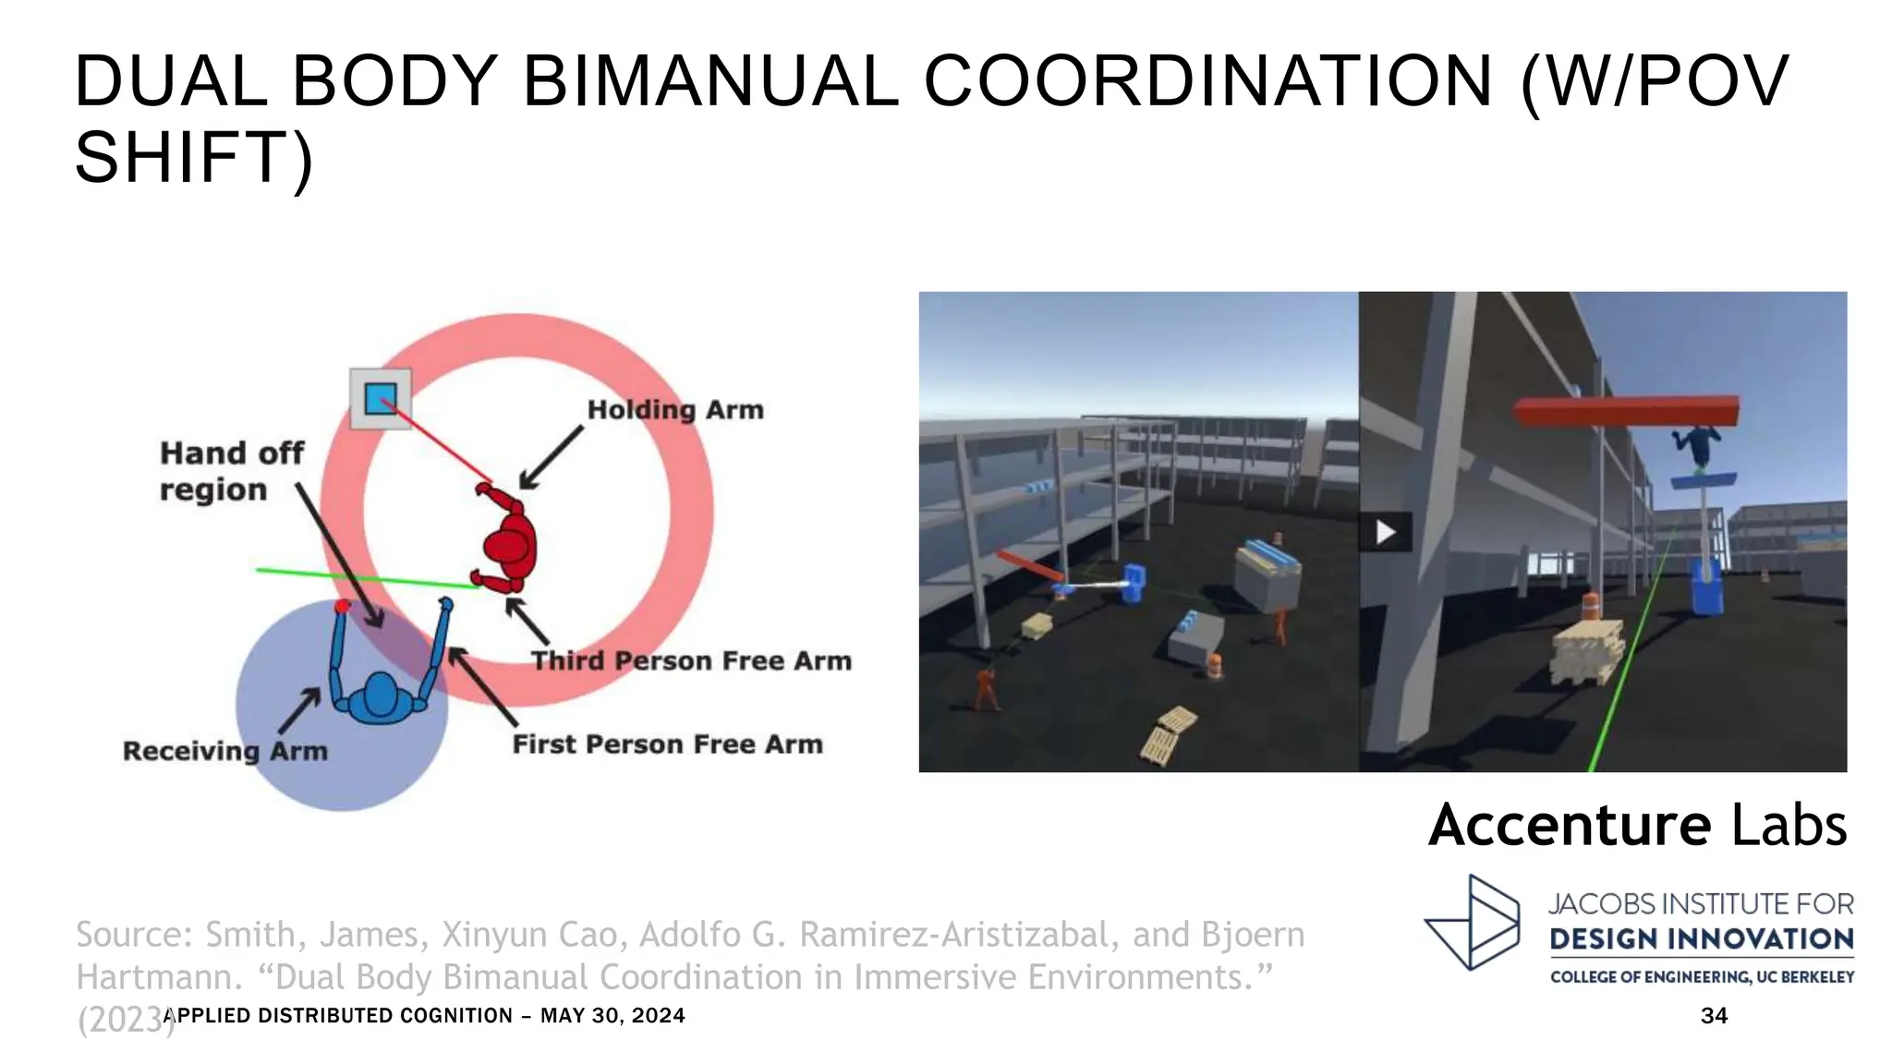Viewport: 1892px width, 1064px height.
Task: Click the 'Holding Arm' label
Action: (x=675, y=409)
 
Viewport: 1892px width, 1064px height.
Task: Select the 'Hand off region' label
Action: (x=231, y=471)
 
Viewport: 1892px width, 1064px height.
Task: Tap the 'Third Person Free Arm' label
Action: (x=691, y=660)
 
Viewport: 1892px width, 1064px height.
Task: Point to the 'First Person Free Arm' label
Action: (x=667, y=744)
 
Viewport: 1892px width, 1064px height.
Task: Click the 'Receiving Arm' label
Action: (x=225, y=750)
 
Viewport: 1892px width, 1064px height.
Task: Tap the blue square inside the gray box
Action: (x=381, y=399)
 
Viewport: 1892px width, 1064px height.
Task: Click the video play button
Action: (x=1385, y=532)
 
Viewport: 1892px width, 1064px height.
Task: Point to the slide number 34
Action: (x=1714, y=1015)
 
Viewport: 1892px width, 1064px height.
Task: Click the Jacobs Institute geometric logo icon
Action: (x=1474, y=923)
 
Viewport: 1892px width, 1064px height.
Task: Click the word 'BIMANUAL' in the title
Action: (x=711, y=81)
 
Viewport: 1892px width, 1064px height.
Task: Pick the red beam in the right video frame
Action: (x=1626, y=410)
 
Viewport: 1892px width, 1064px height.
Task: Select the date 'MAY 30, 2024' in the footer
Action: (x=612, y=1015)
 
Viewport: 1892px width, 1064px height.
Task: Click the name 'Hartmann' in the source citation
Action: (x=153, y=976)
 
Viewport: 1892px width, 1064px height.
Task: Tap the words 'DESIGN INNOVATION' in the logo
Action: (x=1702, y=939)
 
